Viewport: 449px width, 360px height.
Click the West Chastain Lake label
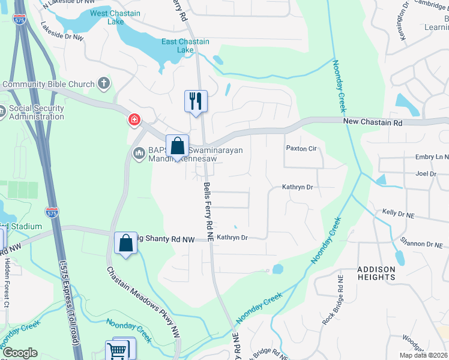(115, 17)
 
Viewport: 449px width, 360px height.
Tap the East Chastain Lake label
(185, 46)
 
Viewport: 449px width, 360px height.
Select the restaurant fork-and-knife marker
(196, 101)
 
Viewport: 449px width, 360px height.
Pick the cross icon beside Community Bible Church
(104, 83)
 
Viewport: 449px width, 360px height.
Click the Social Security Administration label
(36, 112)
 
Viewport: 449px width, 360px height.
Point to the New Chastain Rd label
(372, 122)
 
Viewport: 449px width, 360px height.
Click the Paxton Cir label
(301, 148)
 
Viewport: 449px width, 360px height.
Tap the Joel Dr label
(426, 173)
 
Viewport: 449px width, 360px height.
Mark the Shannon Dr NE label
(423, 244)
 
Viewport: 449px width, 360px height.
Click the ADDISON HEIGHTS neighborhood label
(376, 273)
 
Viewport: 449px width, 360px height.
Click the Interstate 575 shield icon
(52, 212)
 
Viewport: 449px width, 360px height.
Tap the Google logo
(20, 353)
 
